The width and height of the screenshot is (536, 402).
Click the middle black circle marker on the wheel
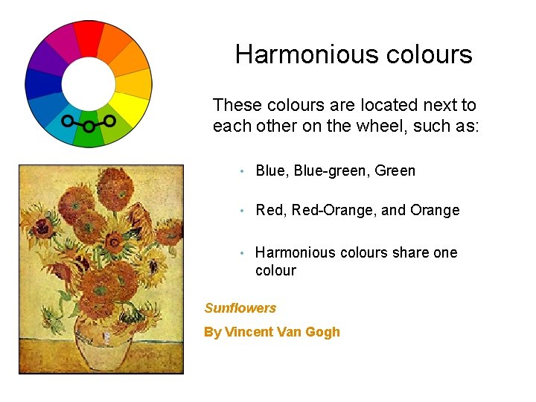(89, 127)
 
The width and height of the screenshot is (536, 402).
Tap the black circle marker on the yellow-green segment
(109, 120)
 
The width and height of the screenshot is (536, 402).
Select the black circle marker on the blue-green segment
(67, 120)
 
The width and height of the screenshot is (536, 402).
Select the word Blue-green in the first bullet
(331, 170)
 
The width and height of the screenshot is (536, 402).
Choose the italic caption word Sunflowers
(240, 308)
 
